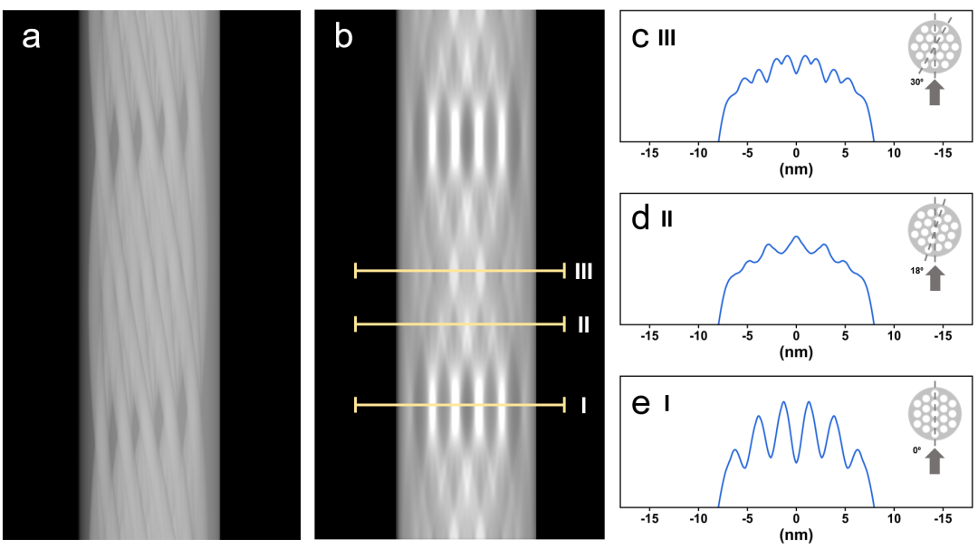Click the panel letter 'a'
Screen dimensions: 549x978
point(32,40)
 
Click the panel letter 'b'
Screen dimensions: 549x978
point(344,37)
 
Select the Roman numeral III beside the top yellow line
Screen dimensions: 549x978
point(583,271)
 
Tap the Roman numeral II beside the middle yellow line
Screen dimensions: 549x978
point(583,323)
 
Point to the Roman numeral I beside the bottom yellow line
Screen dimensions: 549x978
point(583,406)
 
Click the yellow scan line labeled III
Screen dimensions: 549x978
point(459,270)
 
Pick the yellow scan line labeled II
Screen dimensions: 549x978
point(459,323)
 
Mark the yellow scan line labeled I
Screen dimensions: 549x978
point(459,405)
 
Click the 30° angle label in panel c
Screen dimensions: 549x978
point(916,82)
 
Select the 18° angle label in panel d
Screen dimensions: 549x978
point(916,270)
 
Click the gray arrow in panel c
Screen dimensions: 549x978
point(936,92)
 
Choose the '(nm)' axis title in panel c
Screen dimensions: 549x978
point(796,169)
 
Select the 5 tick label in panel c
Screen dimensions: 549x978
point(845,154)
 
